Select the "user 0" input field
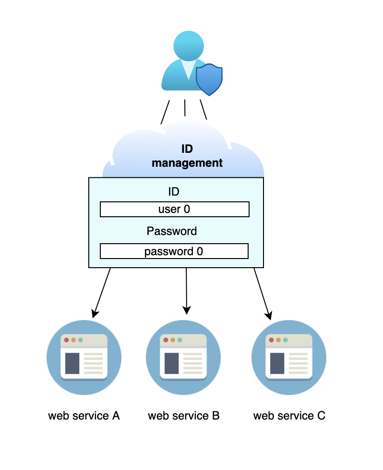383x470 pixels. [174, 210]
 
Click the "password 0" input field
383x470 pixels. [174, 251]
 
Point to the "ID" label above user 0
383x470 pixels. [173, 192]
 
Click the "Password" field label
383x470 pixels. [172, 231]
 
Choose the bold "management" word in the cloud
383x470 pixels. [187, 163]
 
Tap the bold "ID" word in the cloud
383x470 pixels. [187, 149]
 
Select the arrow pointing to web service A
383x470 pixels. [102, 292]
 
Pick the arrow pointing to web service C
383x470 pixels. [262, 293]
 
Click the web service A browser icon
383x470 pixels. [84, 357]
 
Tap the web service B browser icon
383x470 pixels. [183, 357]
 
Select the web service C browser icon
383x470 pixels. [289, 357]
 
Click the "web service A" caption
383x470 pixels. [84, 416]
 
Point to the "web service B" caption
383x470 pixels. [184, 416]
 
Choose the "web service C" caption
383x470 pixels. [289, 416]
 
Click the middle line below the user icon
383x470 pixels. [185, 108]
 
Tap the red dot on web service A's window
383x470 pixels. [66, 340]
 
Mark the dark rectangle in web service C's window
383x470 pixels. [277, 363]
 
